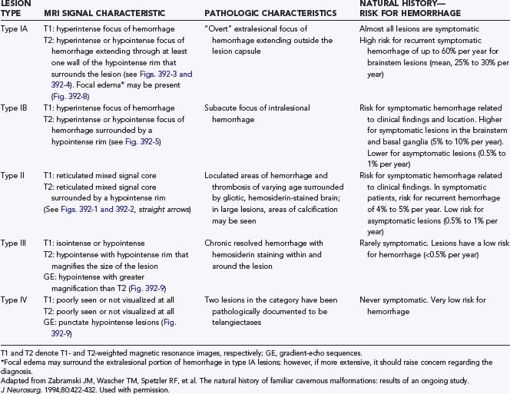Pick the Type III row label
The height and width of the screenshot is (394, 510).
coord(14,241)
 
